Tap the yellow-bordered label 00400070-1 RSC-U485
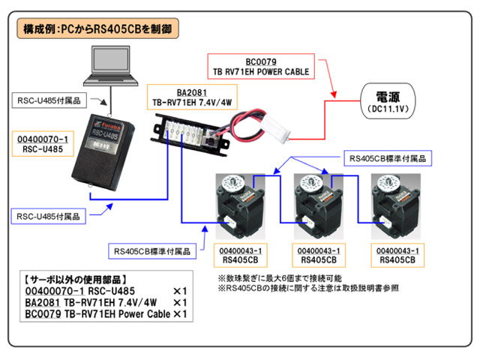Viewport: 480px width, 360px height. [x=42, y=144]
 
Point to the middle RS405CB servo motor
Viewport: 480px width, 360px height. [x=314, y=205]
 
